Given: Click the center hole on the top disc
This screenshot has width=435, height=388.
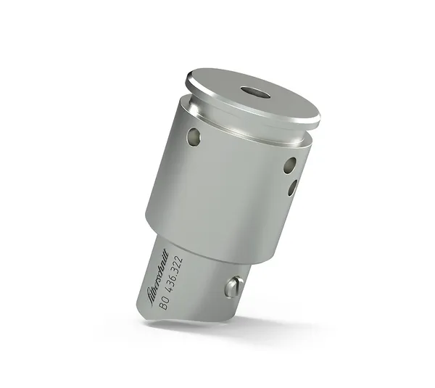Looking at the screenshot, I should pyautogui.click(x=254, y=92).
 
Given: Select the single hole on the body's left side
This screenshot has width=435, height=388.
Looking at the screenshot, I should pyautogui.click(x=193, y=136).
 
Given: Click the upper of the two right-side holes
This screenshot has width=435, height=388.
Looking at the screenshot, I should pyautogui.click(x=289, y=165).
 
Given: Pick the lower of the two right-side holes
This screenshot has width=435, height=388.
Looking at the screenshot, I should pyautogui.click(x=292, y=187).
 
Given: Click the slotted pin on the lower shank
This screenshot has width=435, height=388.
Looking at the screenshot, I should pyautogui.click(x=232, y=287).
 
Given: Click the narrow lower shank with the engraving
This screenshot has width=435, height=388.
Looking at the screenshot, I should pyautogui.click(x=196, y=283).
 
